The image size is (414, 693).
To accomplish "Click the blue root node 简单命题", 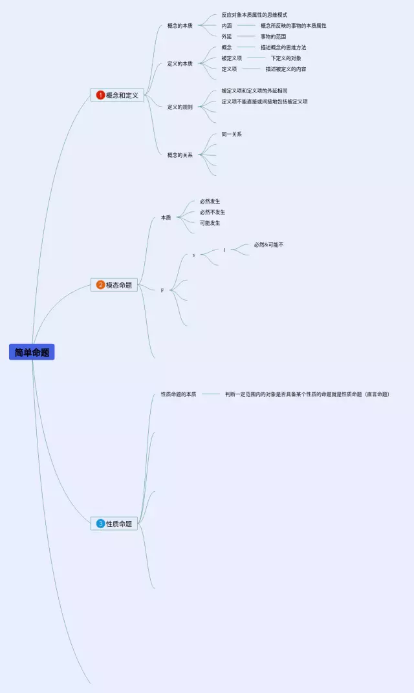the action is click(x=32, y=352).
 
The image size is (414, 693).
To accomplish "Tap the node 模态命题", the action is click(x=114, y=285).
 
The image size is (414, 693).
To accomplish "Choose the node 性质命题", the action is click(x=114, y=524).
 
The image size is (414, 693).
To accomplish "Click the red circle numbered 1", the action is click(x=100, y=95).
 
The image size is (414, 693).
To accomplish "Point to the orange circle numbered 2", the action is click(x=100, y=285).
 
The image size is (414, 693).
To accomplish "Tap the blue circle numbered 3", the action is click(x=100, y=524).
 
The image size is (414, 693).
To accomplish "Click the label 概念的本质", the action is click(x=180, y=26).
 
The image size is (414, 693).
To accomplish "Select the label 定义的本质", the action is click(x=180, y=63).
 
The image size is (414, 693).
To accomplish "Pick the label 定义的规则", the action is click(x=180, y=107).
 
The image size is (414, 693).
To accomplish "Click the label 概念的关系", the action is click(x=180, y=155).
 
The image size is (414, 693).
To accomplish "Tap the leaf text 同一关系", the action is click(x=232, y=134).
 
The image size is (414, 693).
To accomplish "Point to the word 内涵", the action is click(x=226, y=26).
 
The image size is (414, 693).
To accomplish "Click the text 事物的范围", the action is click(x=273, y=37).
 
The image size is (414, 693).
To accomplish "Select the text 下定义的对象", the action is click(x=286, y=58).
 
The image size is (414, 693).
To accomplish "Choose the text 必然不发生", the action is click(x=212, y=212).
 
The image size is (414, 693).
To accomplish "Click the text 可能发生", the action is click(x=210, y=223).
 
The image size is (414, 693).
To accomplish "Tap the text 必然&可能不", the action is click(x=268, y=245).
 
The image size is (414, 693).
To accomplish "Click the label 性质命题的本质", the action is click(x=179, y=394).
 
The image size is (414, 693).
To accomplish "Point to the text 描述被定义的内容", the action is click(x=286, y=69).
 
